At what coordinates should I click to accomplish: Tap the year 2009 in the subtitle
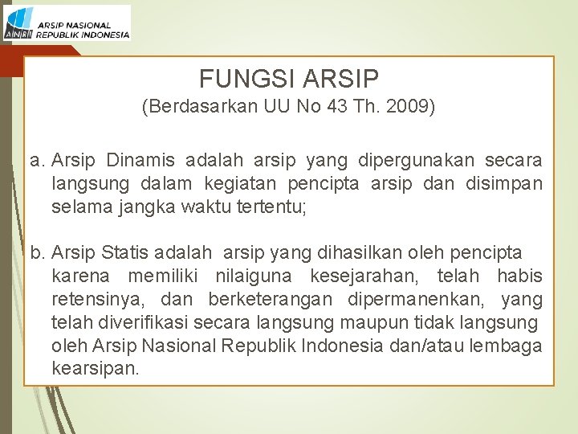pos(413,107)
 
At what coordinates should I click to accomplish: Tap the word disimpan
pos(503,184)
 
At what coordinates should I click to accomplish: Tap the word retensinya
pos(98,301)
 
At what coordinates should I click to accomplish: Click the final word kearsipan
pos(96,371)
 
